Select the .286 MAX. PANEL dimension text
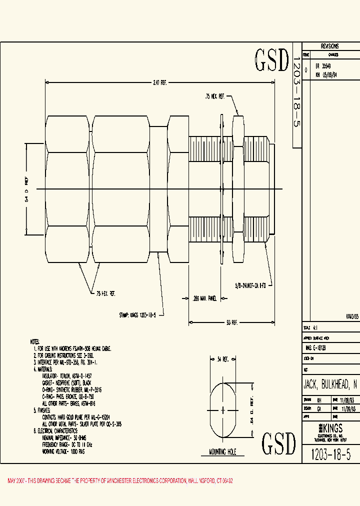205,298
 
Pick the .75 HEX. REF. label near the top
215,96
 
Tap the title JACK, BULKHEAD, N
330,384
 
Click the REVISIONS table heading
329,45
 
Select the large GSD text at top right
272,60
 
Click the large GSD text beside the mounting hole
279,442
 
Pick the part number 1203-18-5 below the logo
330,454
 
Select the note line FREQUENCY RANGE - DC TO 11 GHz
68,443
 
